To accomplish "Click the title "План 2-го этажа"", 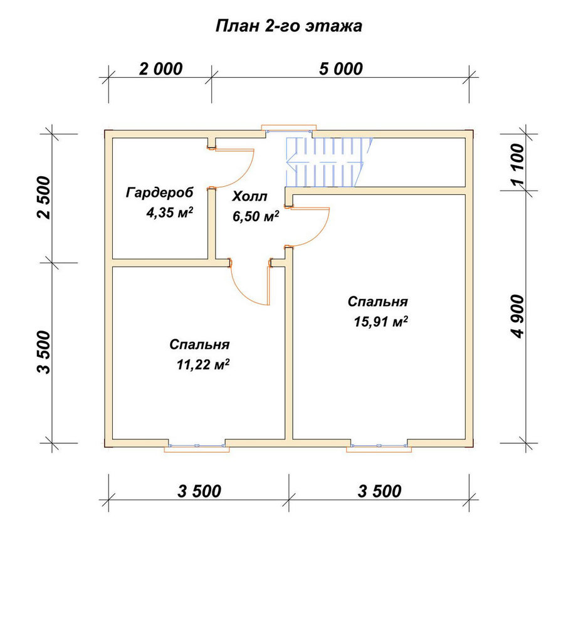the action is [288, 26].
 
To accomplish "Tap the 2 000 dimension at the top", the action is [160, 69].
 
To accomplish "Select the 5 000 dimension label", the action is [340, 69].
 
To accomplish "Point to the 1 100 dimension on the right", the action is [517, 164].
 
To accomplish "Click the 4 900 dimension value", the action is [517, 316].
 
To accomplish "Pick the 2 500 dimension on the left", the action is [44, 197].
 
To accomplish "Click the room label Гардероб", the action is [159, 192].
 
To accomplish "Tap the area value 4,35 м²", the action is [169, 212].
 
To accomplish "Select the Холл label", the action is [250, 196].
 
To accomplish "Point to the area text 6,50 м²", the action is [256, 216].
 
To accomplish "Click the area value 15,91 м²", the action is [380, 321].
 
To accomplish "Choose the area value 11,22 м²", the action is [203, 364].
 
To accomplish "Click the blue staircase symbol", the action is [328, 162].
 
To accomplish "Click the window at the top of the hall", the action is [289, 130].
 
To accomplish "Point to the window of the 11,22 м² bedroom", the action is [197, 446].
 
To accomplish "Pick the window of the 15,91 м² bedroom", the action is [379, 446].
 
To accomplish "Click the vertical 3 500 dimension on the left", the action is [44, 352].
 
